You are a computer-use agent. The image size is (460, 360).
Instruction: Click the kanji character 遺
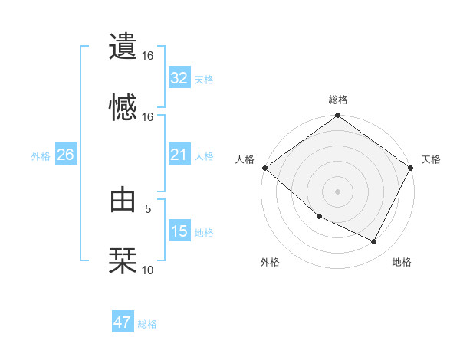123,45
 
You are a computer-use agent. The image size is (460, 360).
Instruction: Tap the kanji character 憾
123,106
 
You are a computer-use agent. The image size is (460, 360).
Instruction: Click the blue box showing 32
179,78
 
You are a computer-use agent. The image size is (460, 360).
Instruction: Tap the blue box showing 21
179,155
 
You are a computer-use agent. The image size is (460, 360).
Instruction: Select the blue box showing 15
179,231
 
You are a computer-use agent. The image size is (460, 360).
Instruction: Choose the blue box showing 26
65,155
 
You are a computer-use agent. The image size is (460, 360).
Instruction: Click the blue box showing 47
123,322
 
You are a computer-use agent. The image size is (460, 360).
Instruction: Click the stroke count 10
148,270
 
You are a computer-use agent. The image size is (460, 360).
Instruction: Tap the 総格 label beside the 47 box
147,324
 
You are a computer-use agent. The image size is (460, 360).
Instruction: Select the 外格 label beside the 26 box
41,156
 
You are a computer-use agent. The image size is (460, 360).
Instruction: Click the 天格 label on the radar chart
431,159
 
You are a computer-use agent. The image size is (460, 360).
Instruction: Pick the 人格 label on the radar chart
245,159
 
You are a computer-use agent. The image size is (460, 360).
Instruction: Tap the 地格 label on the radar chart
402,263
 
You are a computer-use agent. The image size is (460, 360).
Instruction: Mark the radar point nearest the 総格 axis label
337,116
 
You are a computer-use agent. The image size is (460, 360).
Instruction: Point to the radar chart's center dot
337,191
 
